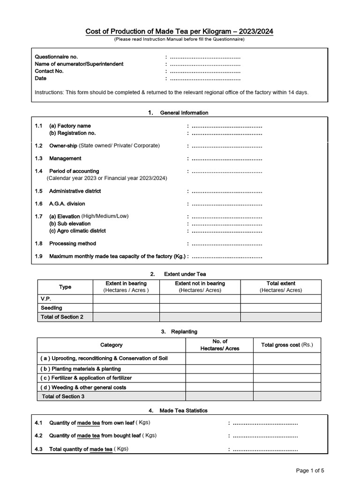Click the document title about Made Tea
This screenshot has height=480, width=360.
coord(179,31)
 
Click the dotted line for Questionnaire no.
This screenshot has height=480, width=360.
coord(205,57)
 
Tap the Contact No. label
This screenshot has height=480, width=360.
coord(49,71)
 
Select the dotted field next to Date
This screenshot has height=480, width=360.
coord(205,79)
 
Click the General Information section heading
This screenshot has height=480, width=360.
coord(184,113)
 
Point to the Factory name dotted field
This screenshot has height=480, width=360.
coord(227,126)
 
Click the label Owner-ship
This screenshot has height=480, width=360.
coord(63,146)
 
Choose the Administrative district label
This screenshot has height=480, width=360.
coord(75,191)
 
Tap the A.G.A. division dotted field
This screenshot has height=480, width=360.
coord(227,204)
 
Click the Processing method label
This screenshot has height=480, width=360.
coord(72,244)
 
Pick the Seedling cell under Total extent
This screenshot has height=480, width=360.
coord(281,308)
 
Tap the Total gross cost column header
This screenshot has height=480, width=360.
coord(287,345)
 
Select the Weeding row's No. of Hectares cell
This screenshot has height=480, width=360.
coord(219,388)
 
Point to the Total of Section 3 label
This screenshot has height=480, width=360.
coord(63,397)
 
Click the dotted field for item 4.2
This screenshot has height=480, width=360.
coord(265,436)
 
